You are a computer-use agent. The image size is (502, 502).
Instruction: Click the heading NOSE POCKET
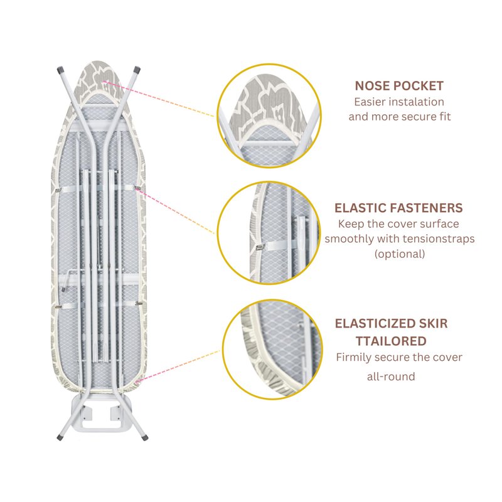399,86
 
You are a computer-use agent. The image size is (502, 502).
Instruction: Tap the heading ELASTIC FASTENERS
399,208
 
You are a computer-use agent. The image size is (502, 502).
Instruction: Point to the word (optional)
400,254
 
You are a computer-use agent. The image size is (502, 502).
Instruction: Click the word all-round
391,377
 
